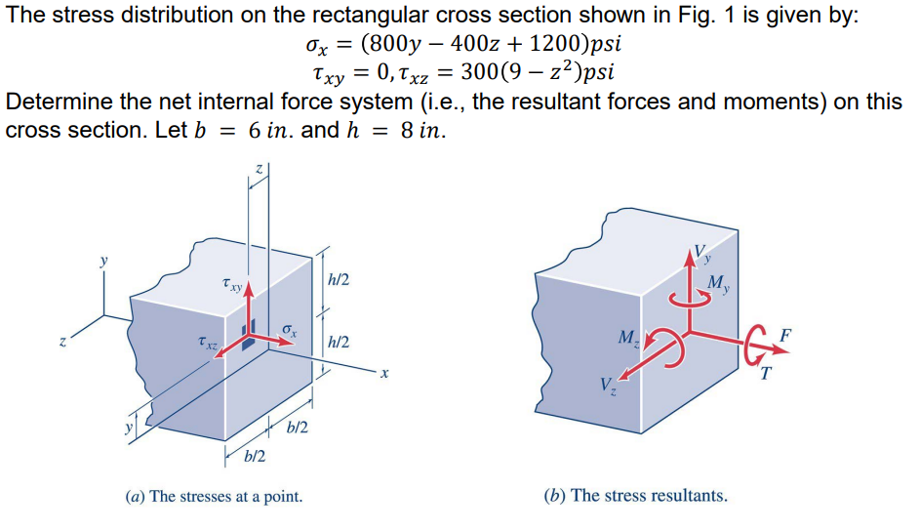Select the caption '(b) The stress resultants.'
(634, 496)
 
